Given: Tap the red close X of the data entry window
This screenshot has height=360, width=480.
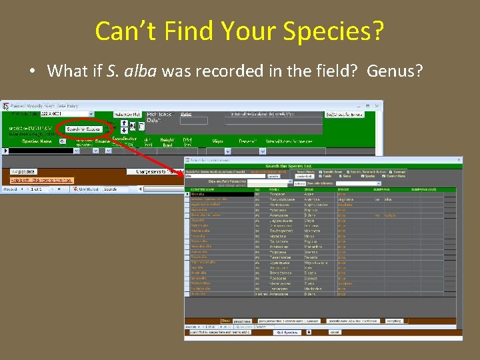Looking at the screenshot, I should coord(378,105).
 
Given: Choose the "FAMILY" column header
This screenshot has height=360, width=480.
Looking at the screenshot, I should coord(276,189).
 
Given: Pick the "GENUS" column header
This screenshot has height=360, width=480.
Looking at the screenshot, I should coord(313,189).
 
